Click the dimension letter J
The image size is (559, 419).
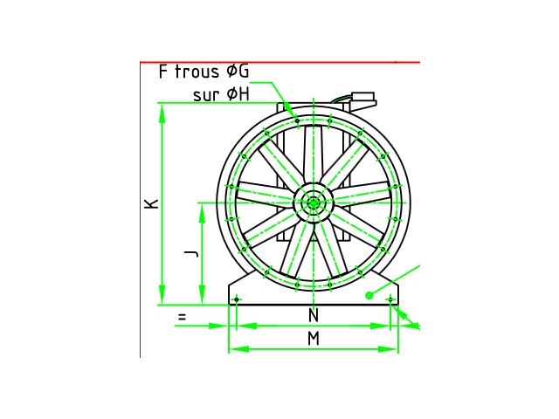tap(191, 253)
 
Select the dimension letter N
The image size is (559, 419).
tap(313, 315)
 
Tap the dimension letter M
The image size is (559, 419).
tap(314, 339)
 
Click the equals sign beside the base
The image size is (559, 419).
tap(182, 316)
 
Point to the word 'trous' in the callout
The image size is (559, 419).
tap(197, 72)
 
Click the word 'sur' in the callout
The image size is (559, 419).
tap(206, 95)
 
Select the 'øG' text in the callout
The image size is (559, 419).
tap(238, 72)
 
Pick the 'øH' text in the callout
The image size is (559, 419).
tap(238, 94)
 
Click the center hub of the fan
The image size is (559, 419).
tap(313, 203)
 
